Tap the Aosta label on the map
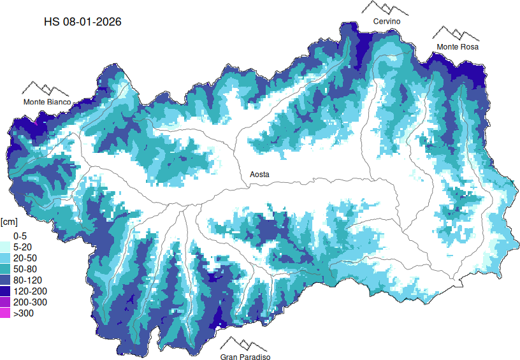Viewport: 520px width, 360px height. (259, 174)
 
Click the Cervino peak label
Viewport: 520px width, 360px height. (387, 22)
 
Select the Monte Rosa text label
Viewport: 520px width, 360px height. (457, 47)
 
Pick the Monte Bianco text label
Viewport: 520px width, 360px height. (47, 102)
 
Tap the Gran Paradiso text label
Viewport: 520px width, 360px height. (245, 357)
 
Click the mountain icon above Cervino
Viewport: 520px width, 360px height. (386, 8)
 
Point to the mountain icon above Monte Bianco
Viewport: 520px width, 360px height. (46, 89)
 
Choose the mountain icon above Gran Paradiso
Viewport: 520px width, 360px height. (245, 344)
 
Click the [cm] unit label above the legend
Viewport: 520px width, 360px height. (9, 222)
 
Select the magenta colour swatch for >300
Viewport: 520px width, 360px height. (5, 313)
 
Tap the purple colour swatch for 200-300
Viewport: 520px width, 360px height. (5, 302)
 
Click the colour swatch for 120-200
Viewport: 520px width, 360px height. (5, 291)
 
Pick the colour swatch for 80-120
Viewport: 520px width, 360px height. (5, 280)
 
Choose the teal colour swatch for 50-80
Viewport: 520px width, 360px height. (5, 269)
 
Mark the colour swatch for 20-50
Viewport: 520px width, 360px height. (5, 257)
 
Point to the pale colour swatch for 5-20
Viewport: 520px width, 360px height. (5, 247)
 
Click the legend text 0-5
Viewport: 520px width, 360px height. (20, 236)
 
